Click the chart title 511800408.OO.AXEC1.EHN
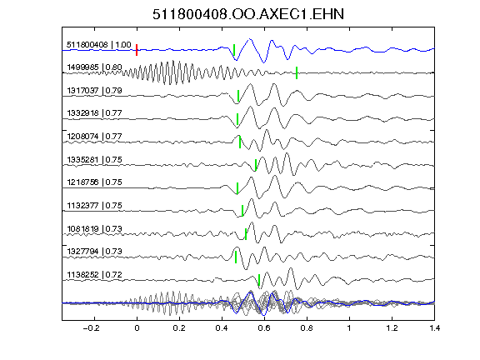(x=248, y=14)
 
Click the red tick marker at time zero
(x=137, y=50)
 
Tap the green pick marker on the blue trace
(x=234, y=50)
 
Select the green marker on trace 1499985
(x=297, y=72)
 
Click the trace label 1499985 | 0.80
(x=94, y=67)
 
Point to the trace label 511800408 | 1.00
(x=99, y=45)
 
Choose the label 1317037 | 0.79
(x=94, y=91)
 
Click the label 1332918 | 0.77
(x=94, y=113)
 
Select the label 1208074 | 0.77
(x=94, y=136)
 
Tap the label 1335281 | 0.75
(x=94, y=159)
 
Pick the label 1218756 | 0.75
(x=94, y=182)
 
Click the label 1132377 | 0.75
(x=94, y=205)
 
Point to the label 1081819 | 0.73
(x=94, y=228)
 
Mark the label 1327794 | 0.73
(x=94, y=252)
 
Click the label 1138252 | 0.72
(x=94, y=275)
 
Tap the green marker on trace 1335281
(x=256, y=165)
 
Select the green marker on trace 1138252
(x=259, y=280)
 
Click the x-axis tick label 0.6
(x=264, y=328)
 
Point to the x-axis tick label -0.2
(x=92, y=328)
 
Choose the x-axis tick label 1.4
(x=435, y=328)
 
